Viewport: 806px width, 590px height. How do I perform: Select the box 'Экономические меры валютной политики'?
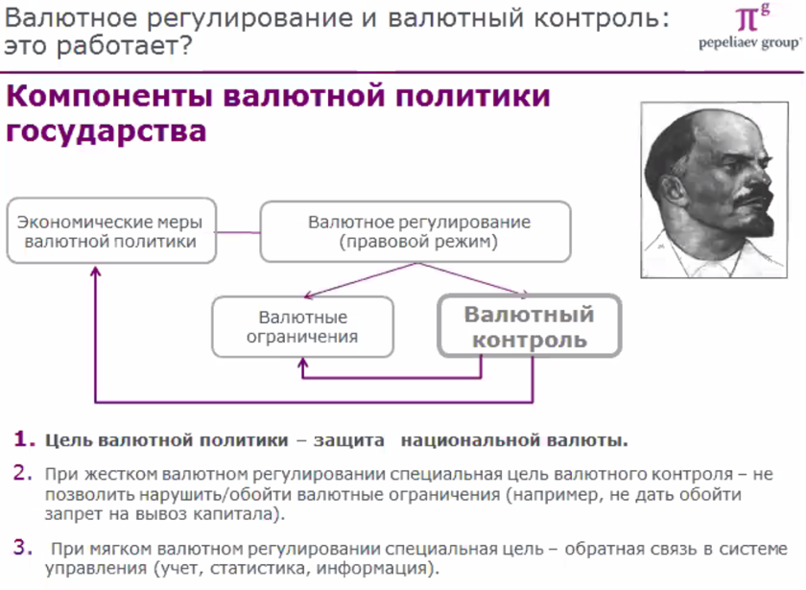pyautogui.click(x=111, y=231)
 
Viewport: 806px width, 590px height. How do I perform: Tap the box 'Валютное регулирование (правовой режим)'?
pyautogui.click(x=415, y=231)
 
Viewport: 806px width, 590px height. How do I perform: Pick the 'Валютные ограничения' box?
pyautogui.click(x=303, y=326)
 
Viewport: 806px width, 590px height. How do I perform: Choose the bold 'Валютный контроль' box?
pyautogui.click(x=530, y=326)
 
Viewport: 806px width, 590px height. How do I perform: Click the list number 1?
pyautogui.click(x=24, y=439)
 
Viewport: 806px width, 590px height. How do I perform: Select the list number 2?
pyautogui.click(x=23, y=473)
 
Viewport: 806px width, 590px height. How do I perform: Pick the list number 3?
pyautogui.click(x=23, y=548)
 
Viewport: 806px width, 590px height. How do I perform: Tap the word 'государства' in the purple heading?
pyautogui.click(x=106, y=131)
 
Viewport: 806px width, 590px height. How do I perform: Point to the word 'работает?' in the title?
pyautogui.click(x=124, y=46)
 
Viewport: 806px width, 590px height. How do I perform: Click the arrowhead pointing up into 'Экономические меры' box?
pyautogui.click(x=96, y=271)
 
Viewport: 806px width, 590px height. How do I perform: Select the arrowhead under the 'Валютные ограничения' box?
pyautogui.click(x=303, y=364)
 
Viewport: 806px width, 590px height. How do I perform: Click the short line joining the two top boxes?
pyautogui.click(x=238, y=232)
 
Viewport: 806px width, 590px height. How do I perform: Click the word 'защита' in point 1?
pyautogui.click(x=349, y=440)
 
